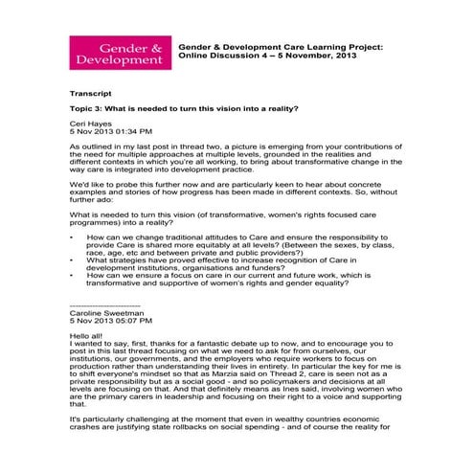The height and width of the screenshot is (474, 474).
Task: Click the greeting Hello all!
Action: coord(86,337)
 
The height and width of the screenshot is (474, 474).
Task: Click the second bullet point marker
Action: coord(73,260)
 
